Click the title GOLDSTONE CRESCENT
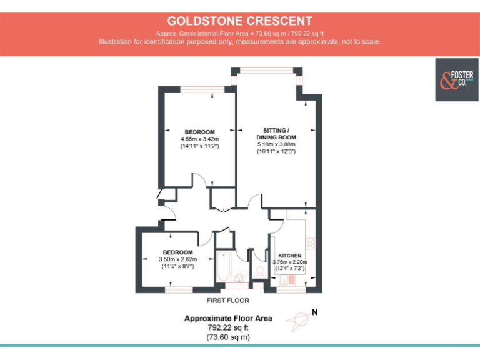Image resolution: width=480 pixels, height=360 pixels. [x=239, y=21]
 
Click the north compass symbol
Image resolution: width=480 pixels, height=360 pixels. [x=299, y=320]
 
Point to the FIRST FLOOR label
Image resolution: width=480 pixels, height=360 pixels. [x=227, y=301]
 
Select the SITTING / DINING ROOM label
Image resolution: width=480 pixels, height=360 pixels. [x=276, y=134]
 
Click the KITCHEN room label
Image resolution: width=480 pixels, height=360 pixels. [x=291, y=256]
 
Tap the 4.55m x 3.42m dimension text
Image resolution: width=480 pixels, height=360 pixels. [x=199, y=139]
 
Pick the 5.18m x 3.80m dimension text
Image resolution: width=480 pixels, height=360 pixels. [x=276, y=144]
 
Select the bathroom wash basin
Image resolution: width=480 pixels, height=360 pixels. [x=239, y=278]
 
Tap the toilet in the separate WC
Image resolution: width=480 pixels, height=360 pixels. [x=259, y=270]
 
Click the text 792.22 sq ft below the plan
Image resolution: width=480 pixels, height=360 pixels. [x=227, y=327]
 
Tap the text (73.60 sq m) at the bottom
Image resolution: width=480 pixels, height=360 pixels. [x=227, y=337]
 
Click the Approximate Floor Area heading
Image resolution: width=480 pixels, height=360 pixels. [x=227, y=318]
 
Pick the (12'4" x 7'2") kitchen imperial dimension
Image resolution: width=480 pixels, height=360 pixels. [x=291, y=269]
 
